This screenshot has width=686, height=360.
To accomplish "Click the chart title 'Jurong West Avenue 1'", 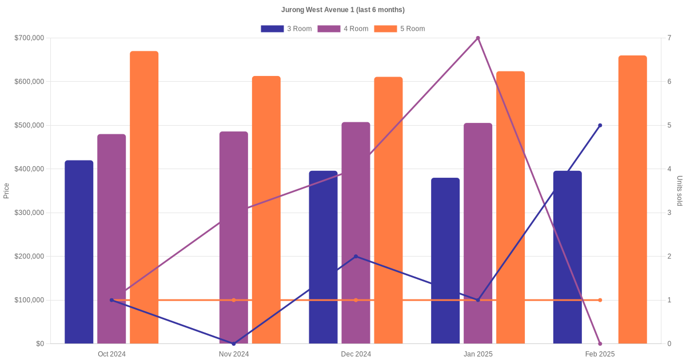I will coord(343,10).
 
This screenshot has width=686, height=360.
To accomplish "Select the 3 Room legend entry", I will coord(286,29).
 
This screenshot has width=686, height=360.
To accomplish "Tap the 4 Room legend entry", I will coord(342,29).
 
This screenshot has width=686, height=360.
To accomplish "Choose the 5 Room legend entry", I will coord(399,29).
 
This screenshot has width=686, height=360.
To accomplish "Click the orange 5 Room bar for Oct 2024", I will coord(144,197).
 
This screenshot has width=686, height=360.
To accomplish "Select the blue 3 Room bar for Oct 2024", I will coord(79,251).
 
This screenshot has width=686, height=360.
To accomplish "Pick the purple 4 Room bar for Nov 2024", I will coord(234,237).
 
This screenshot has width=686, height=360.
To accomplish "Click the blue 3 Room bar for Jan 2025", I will coord(445,261).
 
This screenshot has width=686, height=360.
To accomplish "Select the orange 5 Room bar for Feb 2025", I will coord(632,199).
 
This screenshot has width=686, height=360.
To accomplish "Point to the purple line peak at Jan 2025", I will coord(478,38).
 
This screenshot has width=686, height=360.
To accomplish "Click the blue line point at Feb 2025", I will coord(600,125).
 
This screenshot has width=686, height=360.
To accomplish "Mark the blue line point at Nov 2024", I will coord(234,343).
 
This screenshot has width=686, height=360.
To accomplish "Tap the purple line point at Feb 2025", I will coord(600,343).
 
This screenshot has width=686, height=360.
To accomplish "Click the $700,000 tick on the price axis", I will coord(29,38).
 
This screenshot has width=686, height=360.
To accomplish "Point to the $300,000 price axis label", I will coord(29,213).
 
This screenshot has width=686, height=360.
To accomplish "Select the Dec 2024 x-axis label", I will coord(356,354).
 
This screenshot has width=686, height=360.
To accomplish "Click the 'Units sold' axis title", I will coord(679,191).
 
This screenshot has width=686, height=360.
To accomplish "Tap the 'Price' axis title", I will coord(6,191).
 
